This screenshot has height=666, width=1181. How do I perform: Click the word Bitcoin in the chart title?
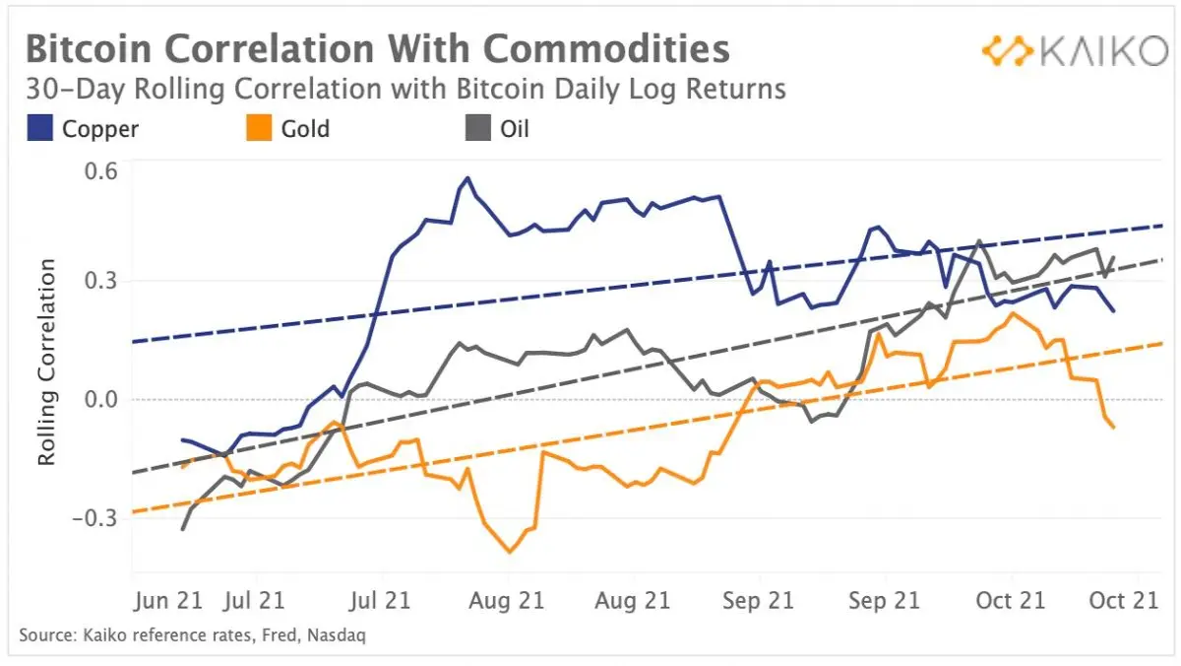(x=89, y=48)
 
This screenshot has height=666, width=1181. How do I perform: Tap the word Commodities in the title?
(x=606, y=48)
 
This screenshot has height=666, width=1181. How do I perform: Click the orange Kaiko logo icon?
(x=1008, y=51)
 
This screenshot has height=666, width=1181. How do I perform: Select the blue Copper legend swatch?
(x=40, y=128)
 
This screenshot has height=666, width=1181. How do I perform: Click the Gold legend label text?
(x=305, y=129)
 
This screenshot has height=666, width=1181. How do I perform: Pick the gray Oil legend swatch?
(x=478, y=128)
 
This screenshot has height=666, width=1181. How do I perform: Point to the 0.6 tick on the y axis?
(x=100, y=171)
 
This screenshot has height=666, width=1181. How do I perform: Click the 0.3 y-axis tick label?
(x=100, y=281)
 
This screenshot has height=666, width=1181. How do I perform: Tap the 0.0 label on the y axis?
(x=100, y=399)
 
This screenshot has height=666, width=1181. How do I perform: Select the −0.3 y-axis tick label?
(x=94, y=518)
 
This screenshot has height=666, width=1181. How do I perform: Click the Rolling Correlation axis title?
(x=46, y=362)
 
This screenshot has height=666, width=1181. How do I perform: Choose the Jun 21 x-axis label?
(x=168, y=601)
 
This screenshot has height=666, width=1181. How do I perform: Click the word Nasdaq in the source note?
(x=337, y=634)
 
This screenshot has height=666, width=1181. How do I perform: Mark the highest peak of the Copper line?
(x=467, y=178)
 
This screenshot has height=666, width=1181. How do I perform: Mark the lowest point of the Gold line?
(x=510, y=552)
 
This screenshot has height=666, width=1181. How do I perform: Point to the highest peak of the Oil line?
(x=979, y=241)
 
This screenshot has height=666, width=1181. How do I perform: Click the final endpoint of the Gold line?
(x=1113, y=427)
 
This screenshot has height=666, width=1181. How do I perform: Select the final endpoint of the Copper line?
(x=1113, y=311)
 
